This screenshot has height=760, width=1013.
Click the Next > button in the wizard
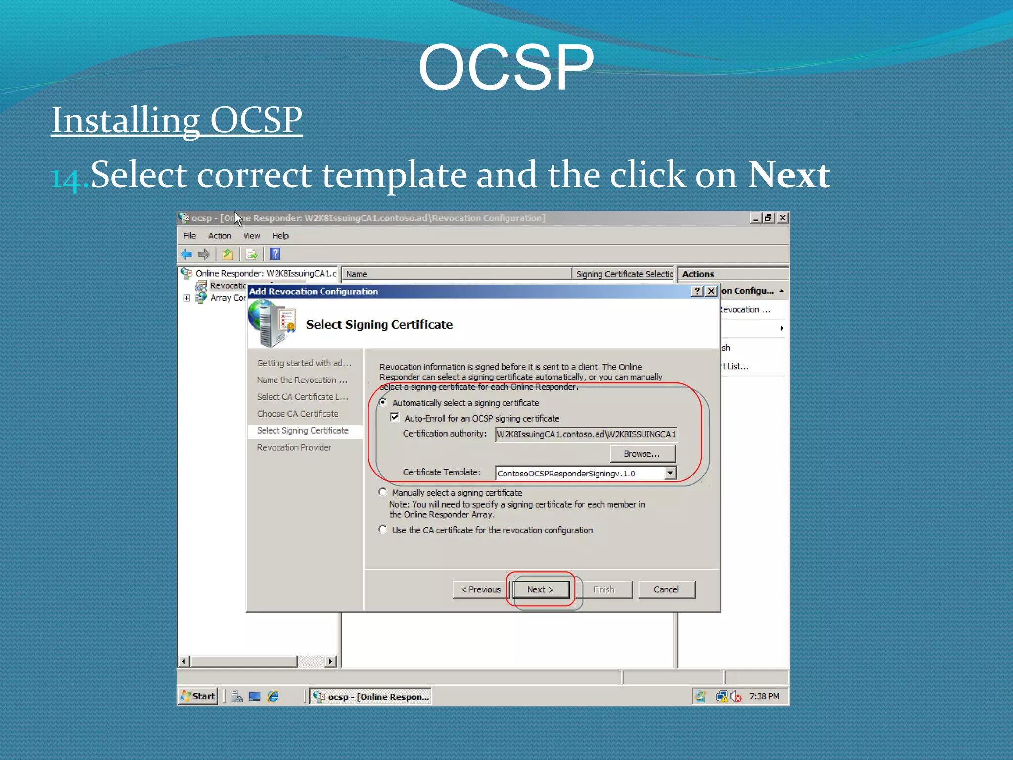(x=541, y=589)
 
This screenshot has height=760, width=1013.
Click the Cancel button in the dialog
(x=666, y=589)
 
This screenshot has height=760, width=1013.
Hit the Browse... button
(x=642, y=454)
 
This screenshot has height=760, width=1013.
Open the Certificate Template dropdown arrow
(x=670, y=473)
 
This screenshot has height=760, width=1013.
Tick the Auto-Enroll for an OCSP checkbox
(x=395, y=418)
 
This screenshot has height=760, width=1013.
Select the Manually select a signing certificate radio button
(x=383, y=492)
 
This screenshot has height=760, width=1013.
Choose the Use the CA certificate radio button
(x=383, y=530)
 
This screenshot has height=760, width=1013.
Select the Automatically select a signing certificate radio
(x=383, y=403)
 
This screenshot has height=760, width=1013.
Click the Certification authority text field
(x=586, y=434)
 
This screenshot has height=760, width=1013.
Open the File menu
(x=189, y=236)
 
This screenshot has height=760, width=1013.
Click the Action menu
(x=219, y=236)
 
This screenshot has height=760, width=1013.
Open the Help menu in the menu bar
(x=280, y=236)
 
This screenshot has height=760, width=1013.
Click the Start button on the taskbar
(x=198, y=696)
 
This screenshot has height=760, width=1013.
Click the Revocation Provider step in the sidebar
(x=294, y=448)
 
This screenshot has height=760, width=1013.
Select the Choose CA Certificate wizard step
(x=297, y=414)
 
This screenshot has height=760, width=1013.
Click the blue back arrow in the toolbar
(x=186, y=254)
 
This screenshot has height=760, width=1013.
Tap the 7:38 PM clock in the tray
(x=764, y=696)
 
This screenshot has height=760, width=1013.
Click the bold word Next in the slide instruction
(x=788, y=175)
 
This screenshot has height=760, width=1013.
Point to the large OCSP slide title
(x=506, y=67)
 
